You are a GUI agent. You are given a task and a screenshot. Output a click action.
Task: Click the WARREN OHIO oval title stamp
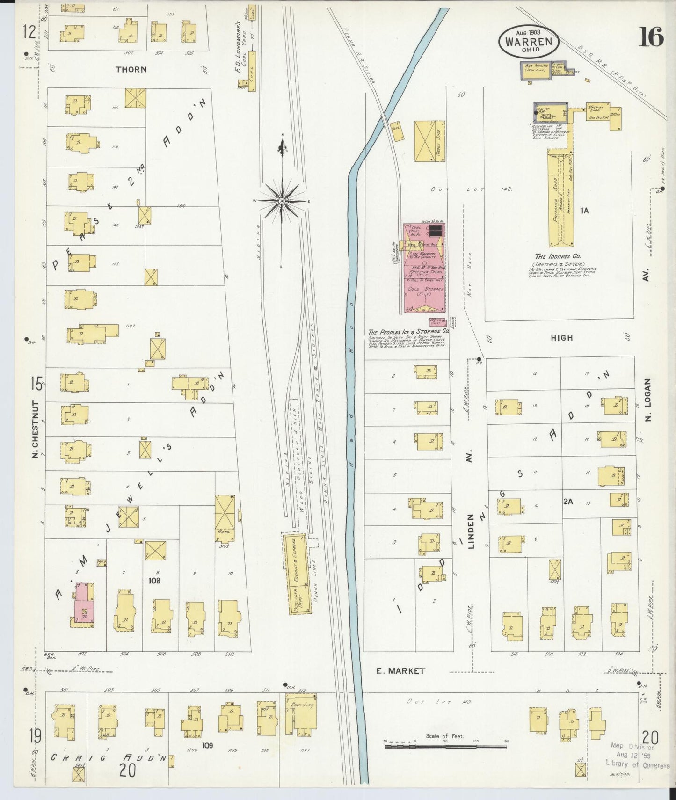coord(528,41)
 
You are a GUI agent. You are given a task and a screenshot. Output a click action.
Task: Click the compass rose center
coord(282,201)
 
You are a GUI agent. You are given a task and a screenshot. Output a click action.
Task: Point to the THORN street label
coord(131,69)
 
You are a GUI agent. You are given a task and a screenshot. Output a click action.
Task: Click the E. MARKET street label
coord(401,671)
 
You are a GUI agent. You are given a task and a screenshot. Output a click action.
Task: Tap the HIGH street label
coord(561,338)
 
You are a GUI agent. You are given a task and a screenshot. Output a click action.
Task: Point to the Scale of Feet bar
coord(445,747)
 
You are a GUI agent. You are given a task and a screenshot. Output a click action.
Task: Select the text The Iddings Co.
coord(558,256)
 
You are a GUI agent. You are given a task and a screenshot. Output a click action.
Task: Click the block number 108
coord(154,581)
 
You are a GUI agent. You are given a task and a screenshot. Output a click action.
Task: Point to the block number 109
coord(207,745)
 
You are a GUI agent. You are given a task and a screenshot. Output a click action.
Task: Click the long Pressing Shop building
coord(561,199)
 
